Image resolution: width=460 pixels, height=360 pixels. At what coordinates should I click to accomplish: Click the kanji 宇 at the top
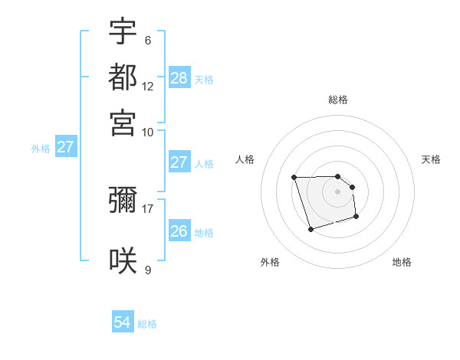coord(123,32)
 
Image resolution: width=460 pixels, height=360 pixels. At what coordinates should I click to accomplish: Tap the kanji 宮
coord(123,122)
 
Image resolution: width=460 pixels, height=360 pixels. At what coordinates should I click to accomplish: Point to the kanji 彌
coord(123,201)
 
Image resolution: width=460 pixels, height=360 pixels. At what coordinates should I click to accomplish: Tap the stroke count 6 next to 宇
coord(147,40)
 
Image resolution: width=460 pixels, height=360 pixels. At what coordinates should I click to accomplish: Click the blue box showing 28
coord(179,78)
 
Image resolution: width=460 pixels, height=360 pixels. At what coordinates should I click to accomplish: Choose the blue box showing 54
coord(122,323)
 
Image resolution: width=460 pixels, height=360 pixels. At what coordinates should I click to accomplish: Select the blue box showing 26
coord(179,231)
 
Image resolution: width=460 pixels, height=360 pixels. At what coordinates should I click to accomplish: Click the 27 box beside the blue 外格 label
coord(65,147)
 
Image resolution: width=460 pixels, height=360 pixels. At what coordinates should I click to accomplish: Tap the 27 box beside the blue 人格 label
coord(179,162)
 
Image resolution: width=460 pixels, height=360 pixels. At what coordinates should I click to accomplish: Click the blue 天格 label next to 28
coord(204,79)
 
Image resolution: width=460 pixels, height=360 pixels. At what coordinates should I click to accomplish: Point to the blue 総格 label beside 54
coord(147,324)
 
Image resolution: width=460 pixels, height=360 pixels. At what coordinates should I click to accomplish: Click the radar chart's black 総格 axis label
coord(337,100)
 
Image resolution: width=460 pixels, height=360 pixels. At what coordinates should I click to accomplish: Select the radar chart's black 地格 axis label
coord(402,262)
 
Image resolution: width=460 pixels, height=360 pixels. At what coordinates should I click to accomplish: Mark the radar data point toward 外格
coord(310,229)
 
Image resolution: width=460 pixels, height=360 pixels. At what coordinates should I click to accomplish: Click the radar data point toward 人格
coord(294,178)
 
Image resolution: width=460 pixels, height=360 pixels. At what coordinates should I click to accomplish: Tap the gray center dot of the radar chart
coord(337,191)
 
